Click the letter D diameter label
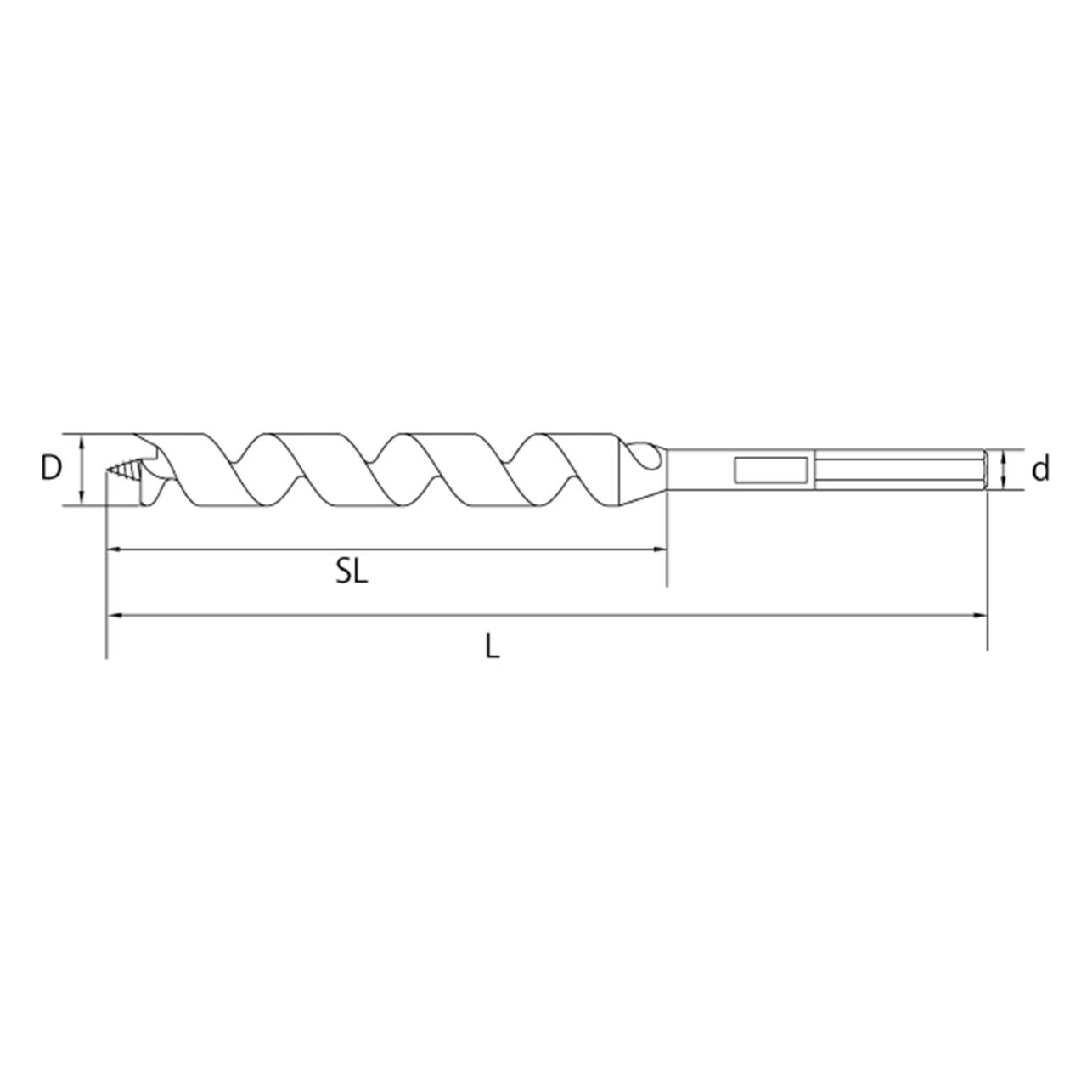point(51,468)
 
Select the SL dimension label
point(352,572)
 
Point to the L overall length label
point(493,646)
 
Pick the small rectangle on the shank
point(771,470)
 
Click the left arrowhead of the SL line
point(114,549)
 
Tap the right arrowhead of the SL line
point(660,549)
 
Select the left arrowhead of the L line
point(114,616)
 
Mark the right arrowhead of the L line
point(980,616)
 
